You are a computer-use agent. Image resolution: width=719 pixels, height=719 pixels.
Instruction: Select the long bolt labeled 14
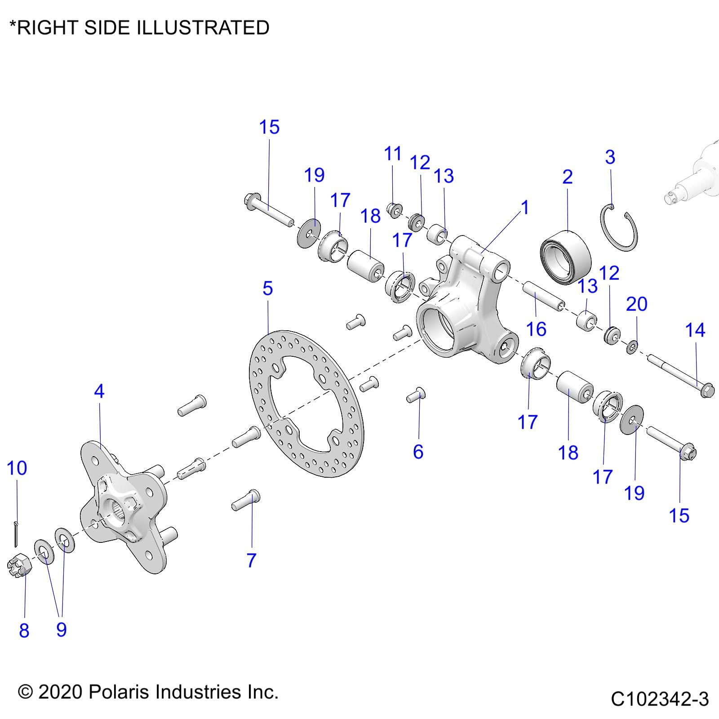pos(679,373)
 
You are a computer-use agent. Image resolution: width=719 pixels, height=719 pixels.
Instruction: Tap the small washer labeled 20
pos(632,347)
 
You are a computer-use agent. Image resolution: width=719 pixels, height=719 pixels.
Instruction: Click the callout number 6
pos(418,451)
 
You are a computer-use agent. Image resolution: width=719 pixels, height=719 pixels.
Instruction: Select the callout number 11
pos(393,154)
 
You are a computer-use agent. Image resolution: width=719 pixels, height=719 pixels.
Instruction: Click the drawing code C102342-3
pos(659,699)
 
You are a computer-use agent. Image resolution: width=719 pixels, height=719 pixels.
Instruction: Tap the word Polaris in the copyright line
pos(120,692)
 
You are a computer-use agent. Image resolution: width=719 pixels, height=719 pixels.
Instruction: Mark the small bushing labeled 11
pos(395,210)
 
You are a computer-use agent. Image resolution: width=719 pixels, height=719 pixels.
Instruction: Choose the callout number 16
pos(536,329)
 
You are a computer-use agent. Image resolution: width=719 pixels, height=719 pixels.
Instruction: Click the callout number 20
pos(637,304)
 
